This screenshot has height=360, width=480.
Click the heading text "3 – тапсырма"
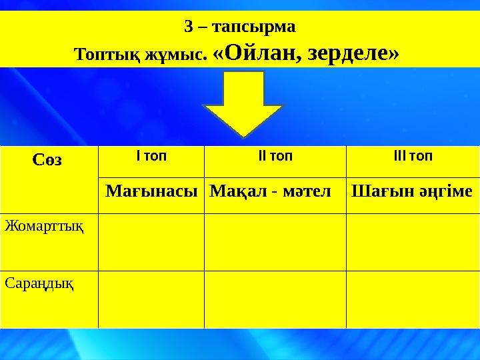[239, 27]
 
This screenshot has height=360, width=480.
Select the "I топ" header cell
[151, 157]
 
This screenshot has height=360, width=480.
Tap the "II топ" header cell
[275, 157]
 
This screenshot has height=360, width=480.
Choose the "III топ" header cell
[413, 157]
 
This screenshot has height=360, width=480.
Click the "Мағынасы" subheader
[151, 192]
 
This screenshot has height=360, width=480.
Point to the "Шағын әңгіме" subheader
[413, 192]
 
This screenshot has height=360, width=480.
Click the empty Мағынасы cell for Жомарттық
[151, 241]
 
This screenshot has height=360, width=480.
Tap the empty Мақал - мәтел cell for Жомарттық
[275, 241]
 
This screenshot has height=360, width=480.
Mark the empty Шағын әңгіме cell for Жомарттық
[413, 241]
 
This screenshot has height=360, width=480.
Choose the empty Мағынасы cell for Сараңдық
[151, 299]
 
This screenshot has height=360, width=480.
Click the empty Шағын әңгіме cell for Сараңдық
[413, 299]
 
